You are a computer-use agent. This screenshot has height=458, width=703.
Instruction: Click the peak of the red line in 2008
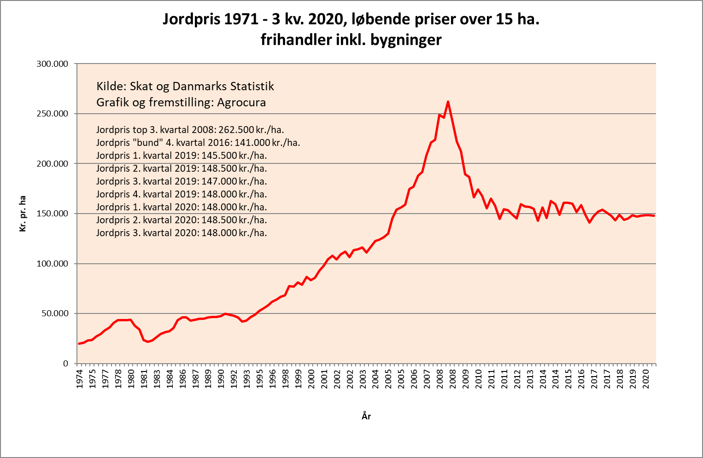[x=448, y=102]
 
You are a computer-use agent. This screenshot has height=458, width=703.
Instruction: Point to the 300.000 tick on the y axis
[x=52, y=64]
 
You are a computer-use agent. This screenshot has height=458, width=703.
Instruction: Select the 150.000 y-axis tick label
[x=52, y=214]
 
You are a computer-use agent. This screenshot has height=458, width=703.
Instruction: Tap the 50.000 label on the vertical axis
[x=54, y=313]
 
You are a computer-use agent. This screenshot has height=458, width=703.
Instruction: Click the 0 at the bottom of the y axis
[x=65, y=364]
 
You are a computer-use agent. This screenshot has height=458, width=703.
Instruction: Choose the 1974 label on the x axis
[x=80, y=378]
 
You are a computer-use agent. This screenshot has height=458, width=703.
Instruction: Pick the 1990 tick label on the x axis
[x=222, y=378]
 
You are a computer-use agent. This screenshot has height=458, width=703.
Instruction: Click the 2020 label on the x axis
[x=646, y=378]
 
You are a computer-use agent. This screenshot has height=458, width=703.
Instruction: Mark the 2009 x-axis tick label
[x=466, y=378]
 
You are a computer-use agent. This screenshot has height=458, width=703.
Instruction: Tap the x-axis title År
[x=366, y=417]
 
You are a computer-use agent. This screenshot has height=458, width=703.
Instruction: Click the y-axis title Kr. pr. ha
[x=23, y=214]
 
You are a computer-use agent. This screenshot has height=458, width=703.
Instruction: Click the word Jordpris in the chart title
[x=192, y=19]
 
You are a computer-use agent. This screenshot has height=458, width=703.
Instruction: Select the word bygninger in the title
[x=406, y=40]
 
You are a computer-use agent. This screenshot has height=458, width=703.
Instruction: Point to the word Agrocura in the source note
[x=241, y=102]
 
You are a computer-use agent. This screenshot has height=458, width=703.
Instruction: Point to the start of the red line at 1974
[x=79, y=343]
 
